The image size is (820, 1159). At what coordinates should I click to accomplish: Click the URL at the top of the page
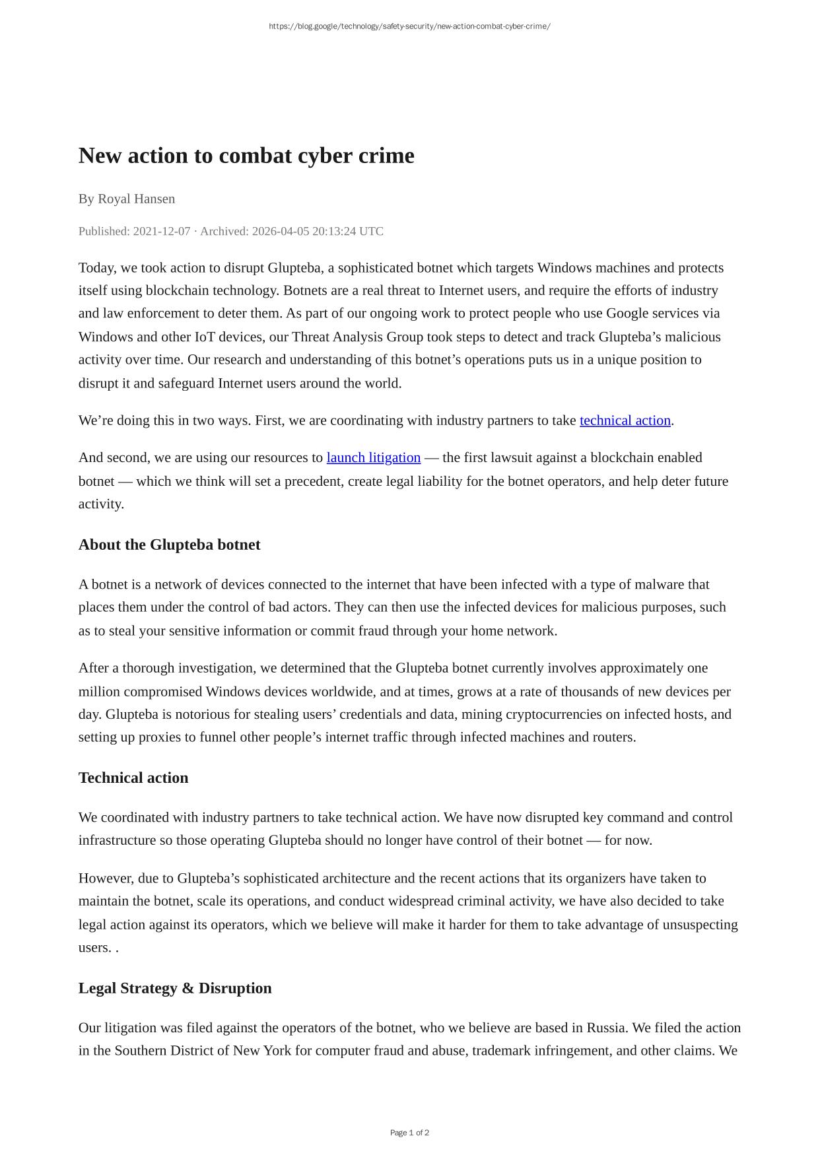(x=409, y=26)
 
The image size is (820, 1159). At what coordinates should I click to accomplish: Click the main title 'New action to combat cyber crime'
(x=246, y=156)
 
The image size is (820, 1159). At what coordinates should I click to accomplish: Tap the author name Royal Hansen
(x=136, y=199)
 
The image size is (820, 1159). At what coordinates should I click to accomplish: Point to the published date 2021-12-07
(x=162, y=231)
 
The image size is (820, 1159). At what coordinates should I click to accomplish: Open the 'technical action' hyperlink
(x=625, y=420)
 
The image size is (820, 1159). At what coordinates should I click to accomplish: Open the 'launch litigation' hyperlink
(x=373, y=457)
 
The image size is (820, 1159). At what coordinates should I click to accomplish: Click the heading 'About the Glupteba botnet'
(x=169, y=545)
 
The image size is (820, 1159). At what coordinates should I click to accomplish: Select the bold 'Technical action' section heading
(x=133, y=778)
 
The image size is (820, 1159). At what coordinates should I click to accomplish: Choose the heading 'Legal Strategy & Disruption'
(x=175, y=988)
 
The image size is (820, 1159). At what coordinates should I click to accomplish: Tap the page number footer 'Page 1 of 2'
(x=409, y=1133)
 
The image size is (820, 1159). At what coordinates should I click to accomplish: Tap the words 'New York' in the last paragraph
(x=262, y=1050)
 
